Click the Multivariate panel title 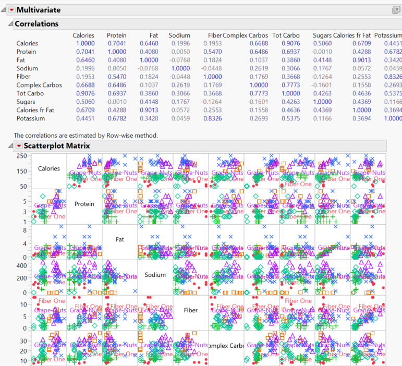38,10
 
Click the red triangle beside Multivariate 11,10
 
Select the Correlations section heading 36,23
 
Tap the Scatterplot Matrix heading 54,146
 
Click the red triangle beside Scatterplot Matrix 19,146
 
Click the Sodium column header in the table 179,35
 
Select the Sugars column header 322,35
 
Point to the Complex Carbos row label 39,85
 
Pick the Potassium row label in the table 31,118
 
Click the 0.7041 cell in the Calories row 116,43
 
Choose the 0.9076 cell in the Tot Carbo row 84,93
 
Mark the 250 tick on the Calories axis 21,156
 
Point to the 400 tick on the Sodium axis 22,265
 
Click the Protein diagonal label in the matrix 84,204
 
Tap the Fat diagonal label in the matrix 120,239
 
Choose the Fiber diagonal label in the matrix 191,310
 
